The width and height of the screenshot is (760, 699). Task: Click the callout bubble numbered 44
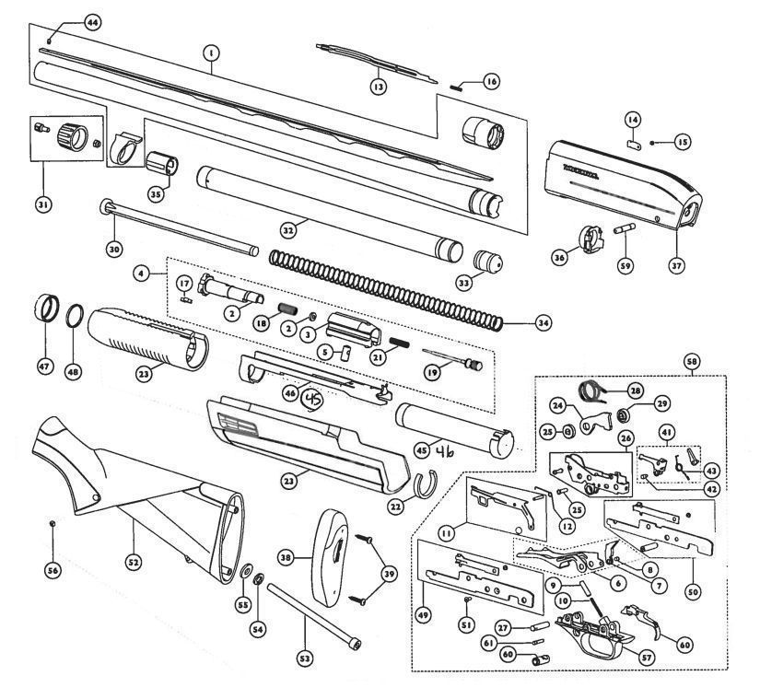pos(91,22)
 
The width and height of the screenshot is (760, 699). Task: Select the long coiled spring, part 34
pos(387,285)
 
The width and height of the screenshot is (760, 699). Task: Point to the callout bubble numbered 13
pos(378,87)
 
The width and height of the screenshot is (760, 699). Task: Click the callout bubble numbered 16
pos(490,82)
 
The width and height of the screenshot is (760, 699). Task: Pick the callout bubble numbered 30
pos(114,249)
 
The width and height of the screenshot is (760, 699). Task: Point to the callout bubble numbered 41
pos(667,432)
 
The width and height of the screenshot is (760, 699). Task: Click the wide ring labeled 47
pos(43,309)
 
